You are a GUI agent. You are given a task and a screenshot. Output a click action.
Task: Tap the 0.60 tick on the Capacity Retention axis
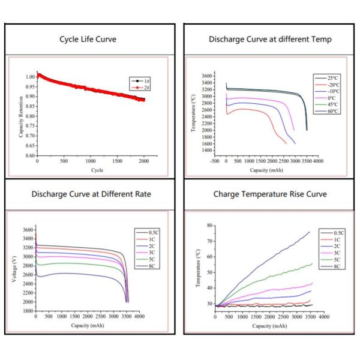(29, 156)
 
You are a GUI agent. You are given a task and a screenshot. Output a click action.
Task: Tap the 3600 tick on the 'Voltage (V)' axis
(27, 230)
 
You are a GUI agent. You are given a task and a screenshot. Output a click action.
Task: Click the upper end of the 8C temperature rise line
(310, 232)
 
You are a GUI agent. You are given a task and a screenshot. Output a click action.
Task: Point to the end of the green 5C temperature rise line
(312, 264)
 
